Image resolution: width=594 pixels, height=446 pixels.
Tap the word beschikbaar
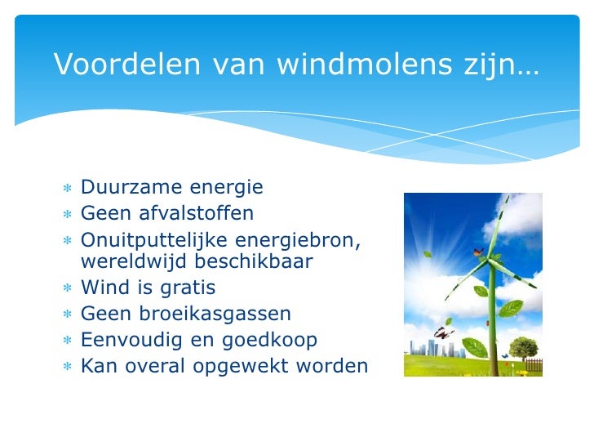pos(256,261)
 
